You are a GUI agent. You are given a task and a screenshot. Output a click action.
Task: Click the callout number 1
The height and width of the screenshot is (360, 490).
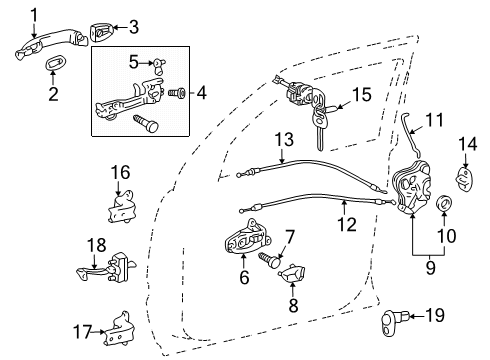click(x=33, y=14)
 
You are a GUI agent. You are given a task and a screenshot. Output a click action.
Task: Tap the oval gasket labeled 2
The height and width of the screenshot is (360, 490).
click(x=53, y=65)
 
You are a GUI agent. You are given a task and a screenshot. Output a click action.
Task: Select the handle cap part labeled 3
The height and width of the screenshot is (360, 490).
click(x=103, y=31)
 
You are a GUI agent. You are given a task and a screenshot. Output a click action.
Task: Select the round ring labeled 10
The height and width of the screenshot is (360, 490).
click(x=443, y=207)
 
